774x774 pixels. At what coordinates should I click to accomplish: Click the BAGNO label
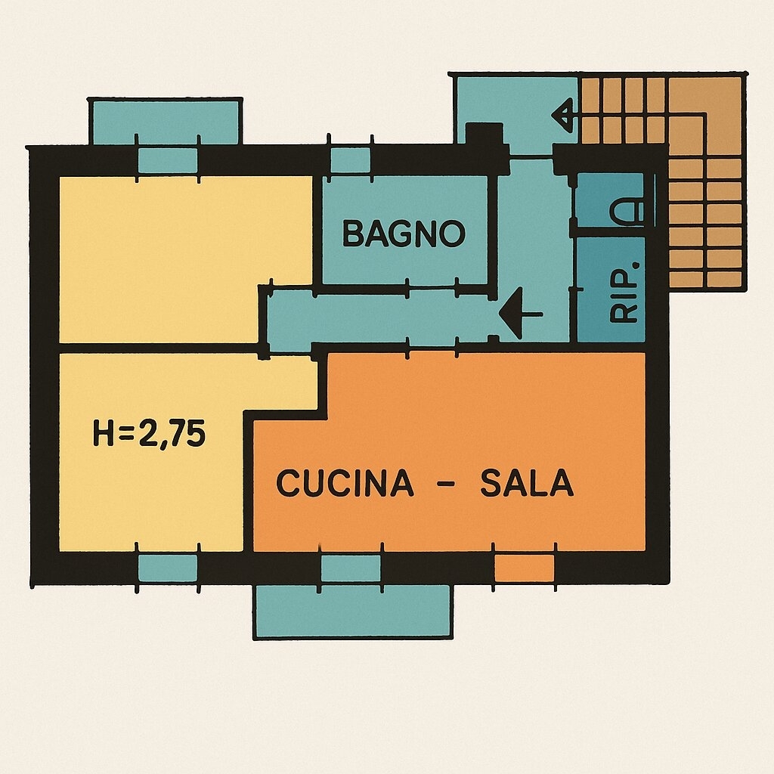click(x=404, y=234)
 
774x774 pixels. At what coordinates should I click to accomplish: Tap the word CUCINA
click(x=345, y=483)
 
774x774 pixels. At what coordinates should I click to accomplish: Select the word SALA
click(x=527, y=483)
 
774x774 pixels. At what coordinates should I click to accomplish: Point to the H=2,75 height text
click(x=149, y=434)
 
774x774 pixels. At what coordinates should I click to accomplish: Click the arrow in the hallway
click(x=521, y=314)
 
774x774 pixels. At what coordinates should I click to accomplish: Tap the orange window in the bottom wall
click(x=525, y=568)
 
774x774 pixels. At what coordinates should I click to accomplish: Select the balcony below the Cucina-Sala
click(x=352, y=611)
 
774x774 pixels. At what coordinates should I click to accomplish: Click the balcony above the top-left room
click(x=166, y=122)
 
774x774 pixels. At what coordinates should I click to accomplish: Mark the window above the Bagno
click(x=350, y=160)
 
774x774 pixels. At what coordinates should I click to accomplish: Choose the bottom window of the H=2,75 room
click(x=168, y=568)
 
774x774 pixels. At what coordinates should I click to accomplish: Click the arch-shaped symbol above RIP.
click(x=627, y=212)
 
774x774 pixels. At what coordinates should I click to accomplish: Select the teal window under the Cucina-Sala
click(x=351, y=568)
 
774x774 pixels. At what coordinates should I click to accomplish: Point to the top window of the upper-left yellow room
click(x=168, y=160)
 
